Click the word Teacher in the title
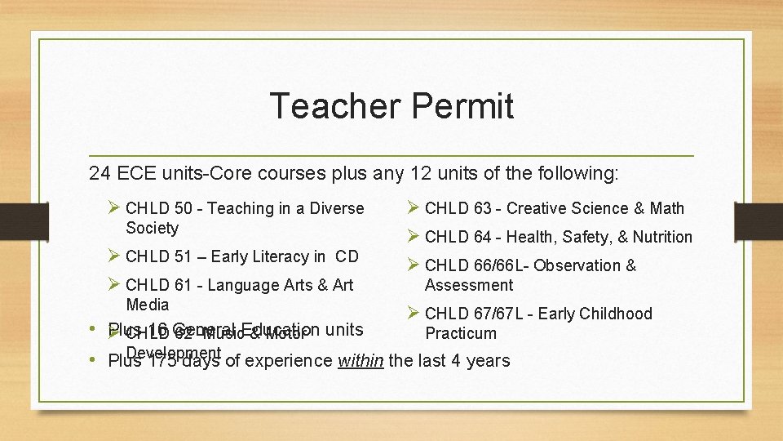point(334,106)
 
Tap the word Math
point(667,209)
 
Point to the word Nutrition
point(661,238)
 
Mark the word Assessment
point(469,286)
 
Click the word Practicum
point(460,334)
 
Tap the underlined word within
point(360,361)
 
